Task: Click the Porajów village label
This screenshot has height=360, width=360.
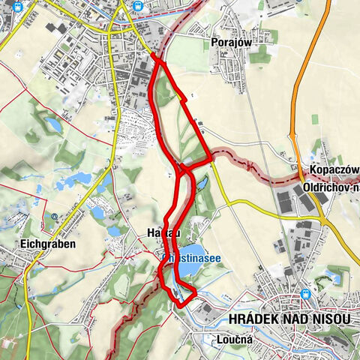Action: [229, 43]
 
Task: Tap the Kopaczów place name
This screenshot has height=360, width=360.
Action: [332, 169]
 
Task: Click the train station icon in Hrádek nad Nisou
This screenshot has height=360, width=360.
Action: [305, 295]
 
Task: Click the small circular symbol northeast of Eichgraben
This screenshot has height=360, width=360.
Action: [55, 217]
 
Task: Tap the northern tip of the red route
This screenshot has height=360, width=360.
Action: [153, 54]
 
